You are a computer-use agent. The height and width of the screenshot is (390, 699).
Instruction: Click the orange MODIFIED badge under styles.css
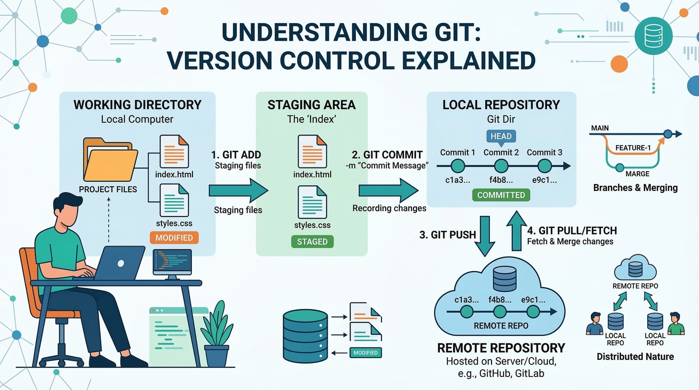click(174, 238)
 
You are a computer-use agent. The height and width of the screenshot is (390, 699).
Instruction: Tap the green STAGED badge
click(312, 241)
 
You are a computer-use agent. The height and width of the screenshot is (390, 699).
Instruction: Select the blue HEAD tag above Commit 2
click(501, 136)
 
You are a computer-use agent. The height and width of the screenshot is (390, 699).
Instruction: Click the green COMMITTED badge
click(501, 195)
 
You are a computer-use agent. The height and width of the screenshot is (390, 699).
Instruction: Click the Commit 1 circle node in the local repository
click(457, 166)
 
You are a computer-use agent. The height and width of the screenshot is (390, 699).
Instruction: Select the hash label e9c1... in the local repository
click(544, 180)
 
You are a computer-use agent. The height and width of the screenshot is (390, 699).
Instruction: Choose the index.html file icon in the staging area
click(312, 151)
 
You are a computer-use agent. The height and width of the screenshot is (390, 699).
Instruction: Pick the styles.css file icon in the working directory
click(174, 200)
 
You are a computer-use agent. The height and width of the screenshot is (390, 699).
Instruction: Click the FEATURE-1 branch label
click(633, 148)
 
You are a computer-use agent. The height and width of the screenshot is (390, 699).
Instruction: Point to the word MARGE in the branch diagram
click(637, 174)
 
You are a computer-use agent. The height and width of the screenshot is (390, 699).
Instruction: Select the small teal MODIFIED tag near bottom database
click(365, 353)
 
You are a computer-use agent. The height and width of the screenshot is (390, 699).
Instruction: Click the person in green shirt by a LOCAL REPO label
click(676, 324)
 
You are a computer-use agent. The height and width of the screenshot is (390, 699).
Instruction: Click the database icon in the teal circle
click(653, 36)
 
